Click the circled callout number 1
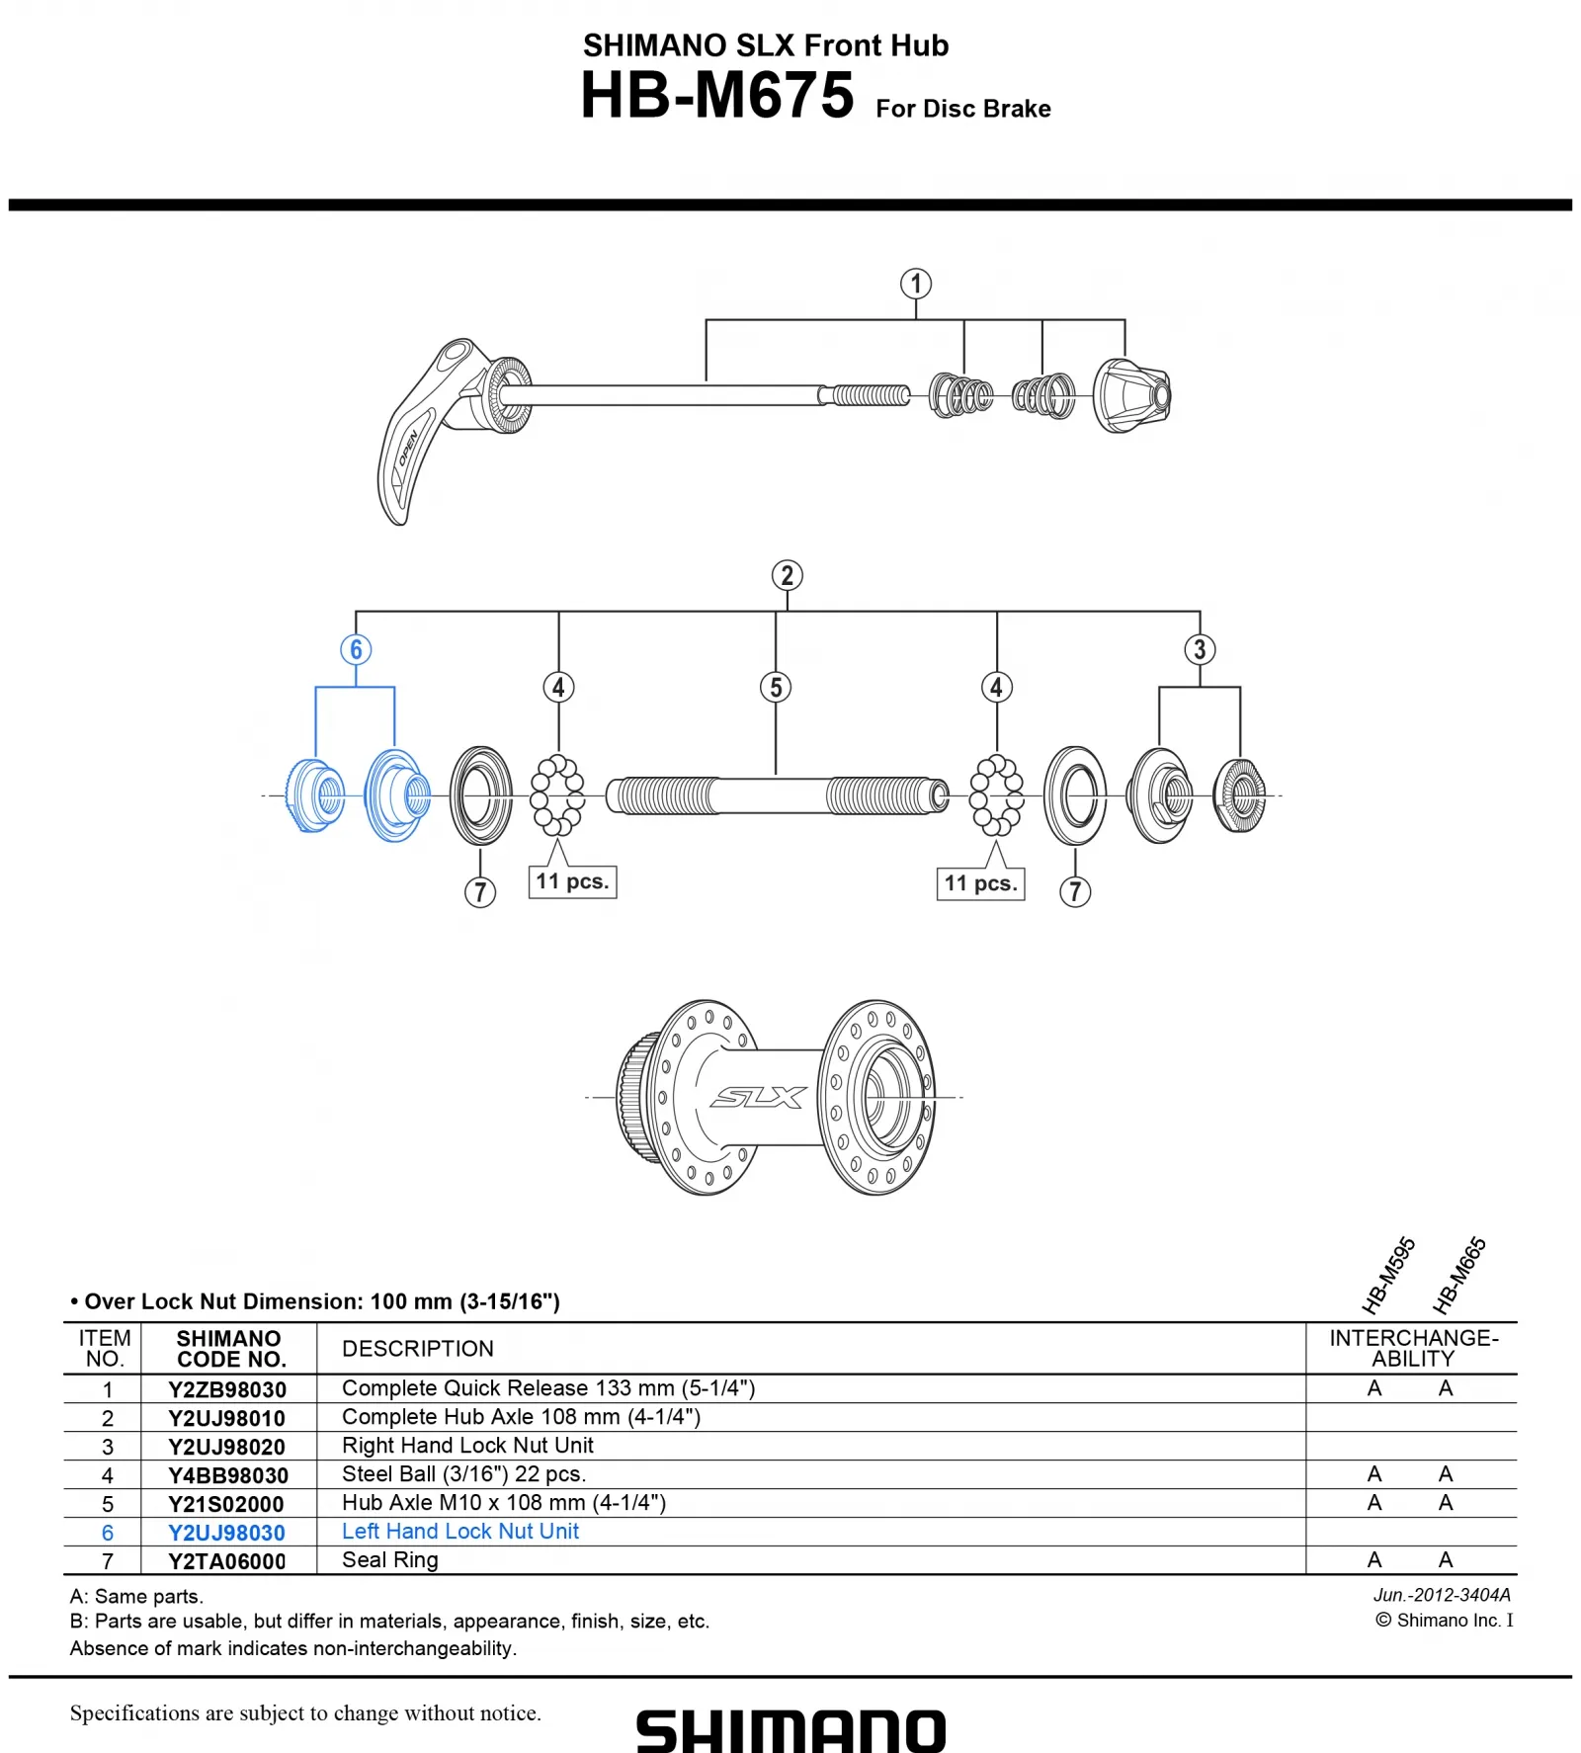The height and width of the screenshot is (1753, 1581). [916, 285]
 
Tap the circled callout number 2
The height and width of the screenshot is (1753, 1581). [787, 576]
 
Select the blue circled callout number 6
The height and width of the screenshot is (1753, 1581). [356, 650]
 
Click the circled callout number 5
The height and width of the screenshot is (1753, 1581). [776, 688]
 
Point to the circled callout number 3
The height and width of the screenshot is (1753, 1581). [1200, 650]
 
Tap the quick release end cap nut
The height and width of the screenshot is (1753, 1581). [1132, 396]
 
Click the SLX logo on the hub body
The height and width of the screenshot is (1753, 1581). [759, 1097]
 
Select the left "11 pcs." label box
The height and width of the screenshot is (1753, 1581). [572, 881]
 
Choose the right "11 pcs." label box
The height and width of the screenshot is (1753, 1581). [980, 883]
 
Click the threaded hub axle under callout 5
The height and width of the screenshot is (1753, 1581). [777, 795]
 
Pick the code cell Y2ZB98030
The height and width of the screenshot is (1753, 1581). [227, 1389]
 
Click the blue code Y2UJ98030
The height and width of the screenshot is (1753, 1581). [227, 1533]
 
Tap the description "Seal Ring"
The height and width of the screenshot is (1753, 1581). [390, 1560]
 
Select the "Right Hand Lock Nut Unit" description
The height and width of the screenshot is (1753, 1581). [467, 1446]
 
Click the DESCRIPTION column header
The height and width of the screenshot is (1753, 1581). [418, 1349]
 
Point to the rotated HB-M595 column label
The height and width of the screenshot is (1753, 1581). [1388, 1276]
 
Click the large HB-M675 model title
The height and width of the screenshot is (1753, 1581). [717, 96]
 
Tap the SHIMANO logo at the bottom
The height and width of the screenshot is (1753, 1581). [790, 1731]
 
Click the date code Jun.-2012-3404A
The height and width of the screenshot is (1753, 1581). [1442, 1595]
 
